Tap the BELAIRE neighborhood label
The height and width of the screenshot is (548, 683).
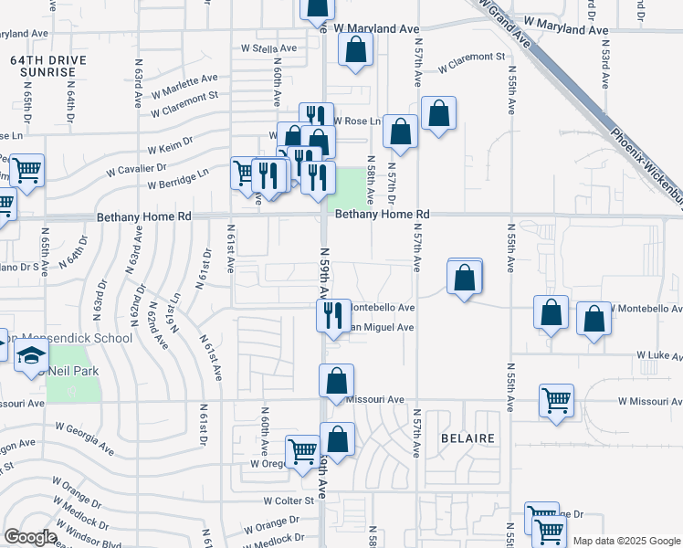(467, 438)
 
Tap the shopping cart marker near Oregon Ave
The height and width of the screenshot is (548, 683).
(302, 450)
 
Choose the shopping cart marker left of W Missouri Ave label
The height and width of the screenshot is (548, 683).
(557, 400)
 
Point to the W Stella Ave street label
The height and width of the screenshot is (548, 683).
(269, 47)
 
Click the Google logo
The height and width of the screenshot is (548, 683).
(30, 537)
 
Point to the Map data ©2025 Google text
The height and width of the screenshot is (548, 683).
(625, 541)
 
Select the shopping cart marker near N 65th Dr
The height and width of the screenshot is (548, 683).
(27, 169)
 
